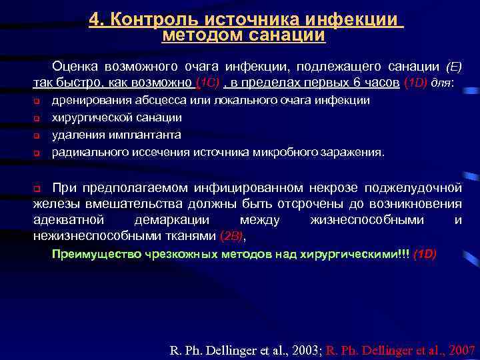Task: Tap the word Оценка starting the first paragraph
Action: [77, 67]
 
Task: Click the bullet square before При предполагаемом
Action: [37, 186]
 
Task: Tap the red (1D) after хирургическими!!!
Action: [424, 254]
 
